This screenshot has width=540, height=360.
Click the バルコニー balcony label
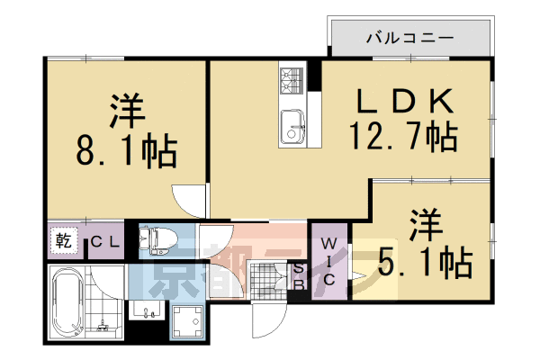[409, 38]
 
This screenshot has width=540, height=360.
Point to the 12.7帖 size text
[402, 138]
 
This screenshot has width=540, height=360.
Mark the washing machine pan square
[189, 320]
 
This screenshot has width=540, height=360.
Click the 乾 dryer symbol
[64, 241]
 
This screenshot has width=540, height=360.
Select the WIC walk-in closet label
[329, 261]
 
